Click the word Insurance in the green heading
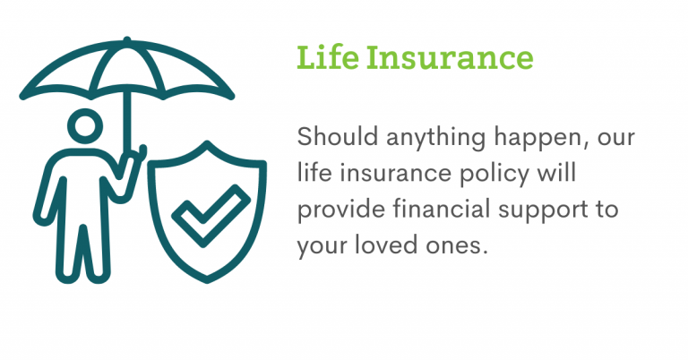451,57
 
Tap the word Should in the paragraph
338,136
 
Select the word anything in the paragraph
435,140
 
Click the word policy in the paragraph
494,176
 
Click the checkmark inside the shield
211,215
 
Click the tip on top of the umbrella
127,39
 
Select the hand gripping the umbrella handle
132,158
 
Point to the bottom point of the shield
207,279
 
